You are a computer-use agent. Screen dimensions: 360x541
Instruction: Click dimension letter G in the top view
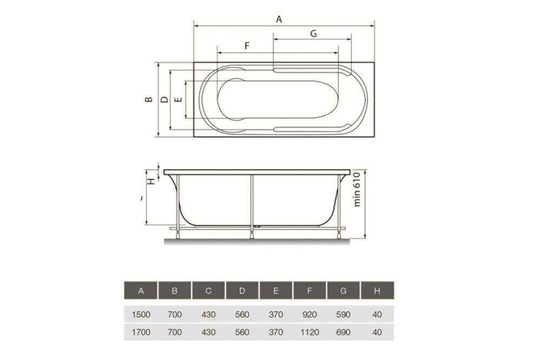click(x=313, y=33)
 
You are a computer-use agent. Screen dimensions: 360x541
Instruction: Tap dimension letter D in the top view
click(x=164, y=100)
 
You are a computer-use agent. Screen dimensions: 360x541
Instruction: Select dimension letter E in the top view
click(x=179, y=100)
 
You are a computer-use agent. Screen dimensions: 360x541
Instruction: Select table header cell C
click(x=208, y=291)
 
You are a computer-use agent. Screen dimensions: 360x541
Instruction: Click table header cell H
click(x=377, y=291)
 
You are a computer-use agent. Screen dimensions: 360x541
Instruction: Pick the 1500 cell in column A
click(x=141, y=314)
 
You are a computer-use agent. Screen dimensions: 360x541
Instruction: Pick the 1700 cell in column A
click(x=141, y=331)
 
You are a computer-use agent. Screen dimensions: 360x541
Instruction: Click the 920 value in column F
click(x=309, y=314)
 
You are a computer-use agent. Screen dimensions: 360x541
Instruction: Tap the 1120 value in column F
click(x=309, y=331)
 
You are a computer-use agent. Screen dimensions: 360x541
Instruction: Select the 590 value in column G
click(x=343, y=314)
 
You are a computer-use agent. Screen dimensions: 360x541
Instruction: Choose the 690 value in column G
click(x=343, y=331)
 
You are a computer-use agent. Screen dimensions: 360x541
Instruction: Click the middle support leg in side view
click(x=252, y=203)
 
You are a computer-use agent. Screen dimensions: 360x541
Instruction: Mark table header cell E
click(x=276, y=291)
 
